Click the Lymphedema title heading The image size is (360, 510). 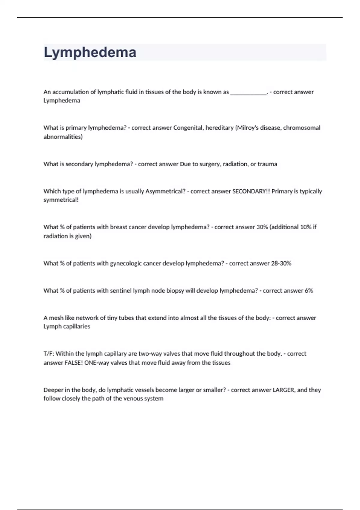90,52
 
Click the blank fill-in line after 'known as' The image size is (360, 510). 248,92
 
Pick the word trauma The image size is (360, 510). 267,164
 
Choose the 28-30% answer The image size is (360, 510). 281,263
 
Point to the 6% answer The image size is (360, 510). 309,291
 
